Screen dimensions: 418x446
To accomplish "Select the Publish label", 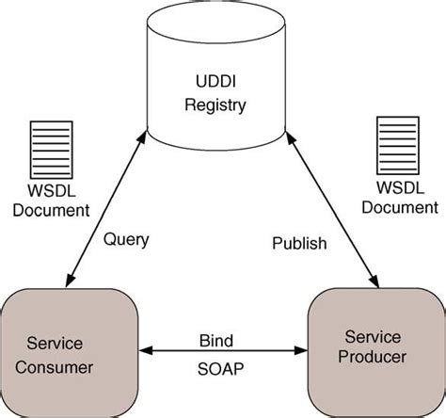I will coord(299,243).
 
